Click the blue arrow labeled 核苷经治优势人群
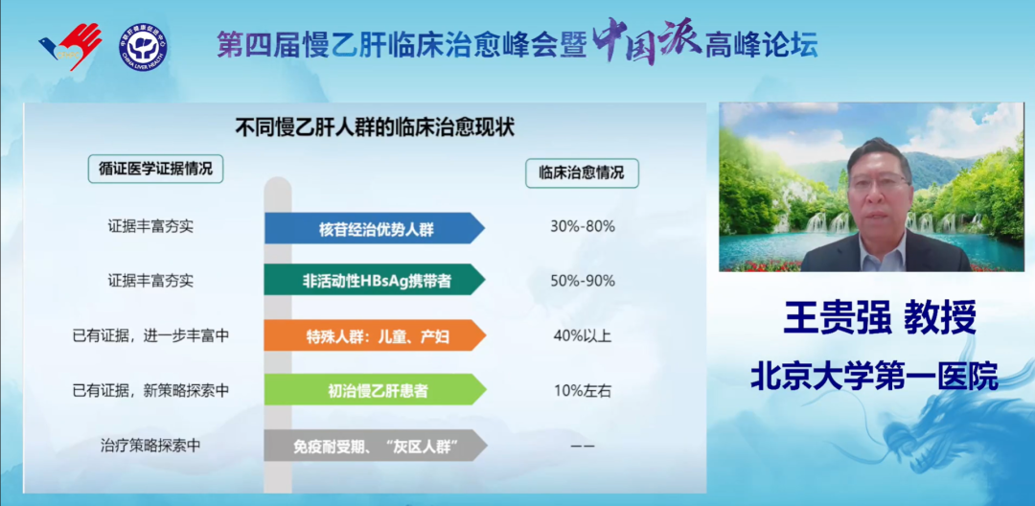375,228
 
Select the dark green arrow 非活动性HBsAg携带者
375,280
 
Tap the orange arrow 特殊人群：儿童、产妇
375,335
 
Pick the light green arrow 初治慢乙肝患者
375,390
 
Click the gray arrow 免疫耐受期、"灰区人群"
376,446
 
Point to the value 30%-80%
583,226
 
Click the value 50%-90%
583,281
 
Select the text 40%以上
583,335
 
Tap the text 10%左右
583,391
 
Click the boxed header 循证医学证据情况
156,169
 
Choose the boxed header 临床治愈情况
582,173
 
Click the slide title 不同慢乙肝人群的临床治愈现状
375,126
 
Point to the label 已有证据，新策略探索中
150,391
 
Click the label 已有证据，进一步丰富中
150,335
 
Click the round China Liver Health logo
143,47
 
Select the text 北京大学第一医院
875,377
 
